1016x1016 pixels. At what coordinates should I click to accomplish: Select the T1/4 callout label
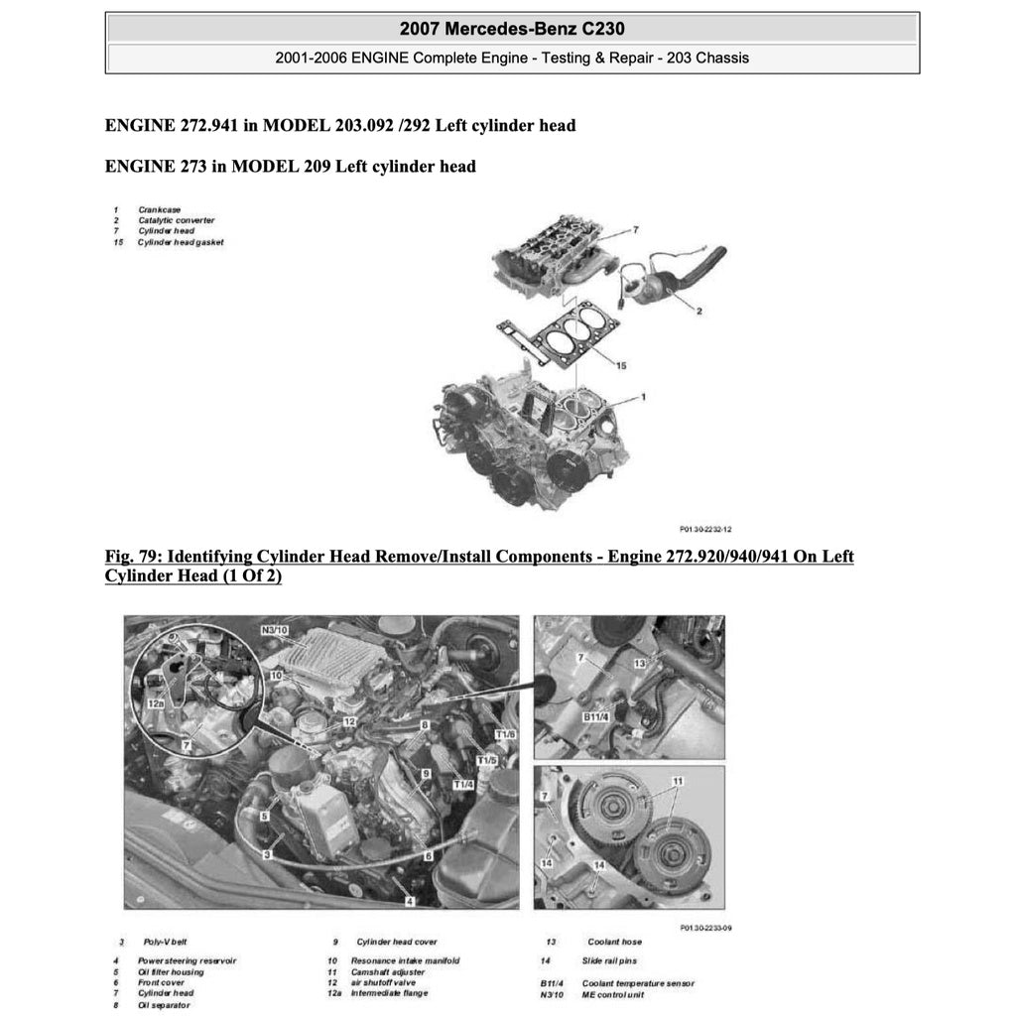(x=463, y=784)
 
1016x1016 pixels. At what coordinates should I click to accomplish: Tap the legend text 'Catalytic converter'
(x=176, y=220)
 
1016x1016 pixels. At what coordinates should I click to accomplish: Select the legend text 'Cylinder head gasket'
(x=181, y=242)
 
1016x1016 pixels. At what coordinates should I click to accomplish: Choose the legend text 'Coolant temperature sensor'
(x=638, y=983)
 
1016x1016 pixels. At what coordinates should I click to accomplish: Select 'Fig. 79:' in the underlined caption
(x=135, y=556)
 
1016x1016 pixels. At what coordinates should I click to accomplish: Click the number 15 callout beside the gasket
(x=620, y=366)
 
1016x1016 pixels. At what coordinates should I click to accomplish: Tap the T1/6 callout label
(x=505, y=735)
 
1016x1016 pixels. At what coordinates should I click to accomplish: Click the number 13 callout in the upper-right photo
(x=641, y=663)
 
